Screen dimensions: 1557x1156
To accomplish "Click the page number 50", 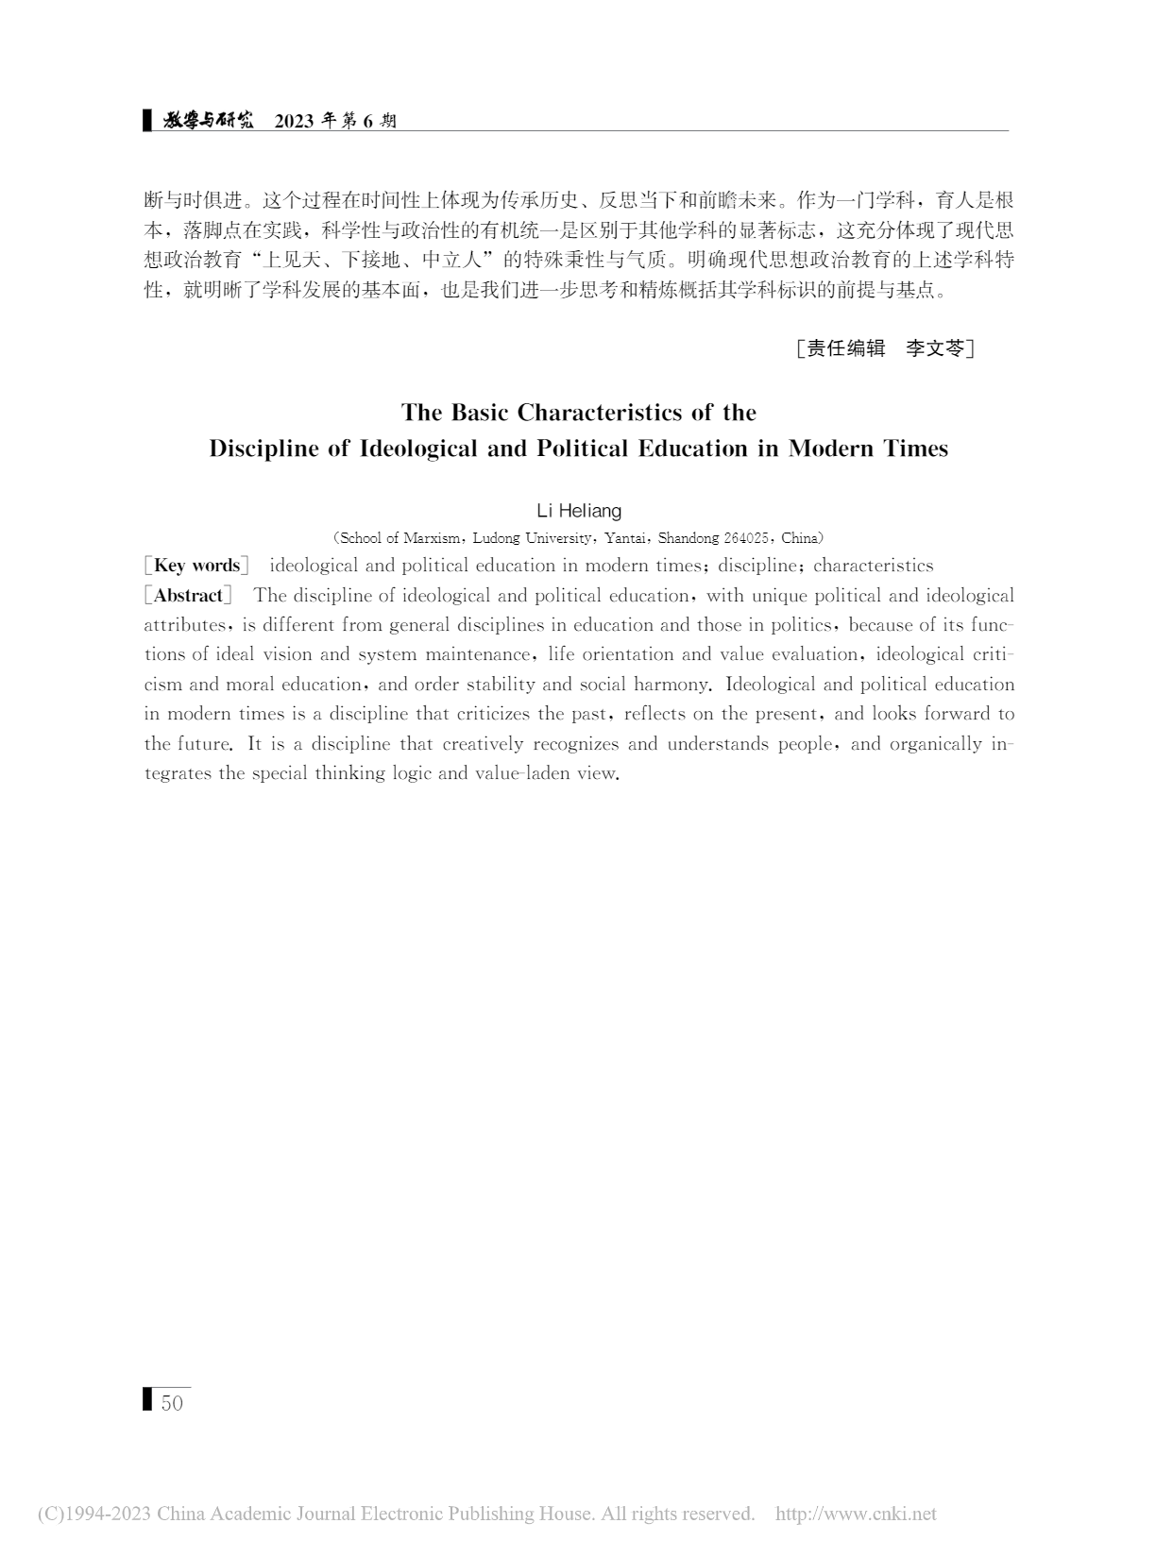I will (x=172, y=1403).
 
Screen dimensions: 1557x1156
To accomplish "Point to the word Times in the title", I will (x=915, y=448).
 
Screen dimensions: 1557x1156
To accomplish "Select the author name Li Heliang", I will (x=579, y=511).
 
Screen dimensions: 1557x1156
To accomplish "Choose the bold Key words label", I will (x=196, y=566).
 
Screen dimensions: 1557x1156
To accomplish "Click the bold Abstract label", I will (x=188, y=596).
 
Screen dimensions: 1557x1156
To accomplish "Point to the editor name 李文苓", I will (x=935, y=348).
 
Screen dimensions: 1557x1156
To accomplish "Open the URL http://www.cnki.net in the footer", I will (x=856, y=1515).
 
